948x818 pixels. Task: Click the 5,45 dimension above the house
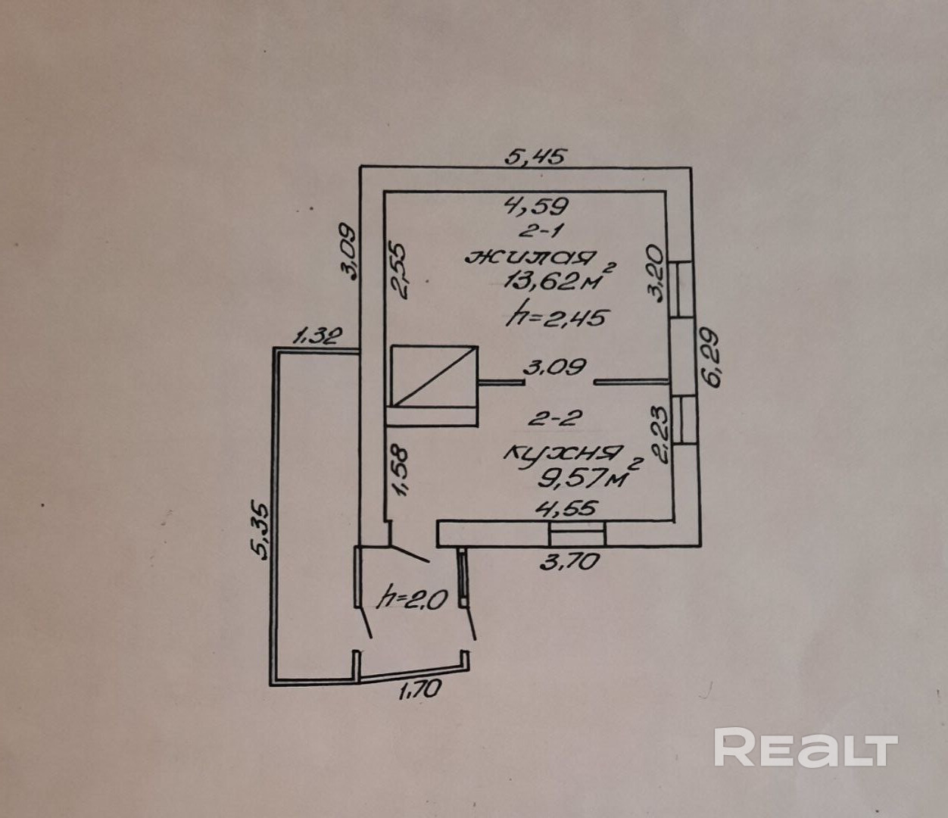536,158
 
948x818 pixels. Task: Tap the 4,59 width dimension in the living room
537,204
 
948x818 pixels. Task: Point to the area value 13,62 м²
557,281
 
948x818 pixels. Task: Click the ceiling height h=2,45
557,317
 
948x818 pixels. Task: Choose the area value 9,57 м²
585,476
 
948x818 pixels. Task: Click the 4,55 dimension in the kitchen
566,508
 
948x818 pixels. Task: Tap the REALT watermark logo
806,748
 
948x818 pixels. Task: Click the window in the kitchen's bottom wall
577,534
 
